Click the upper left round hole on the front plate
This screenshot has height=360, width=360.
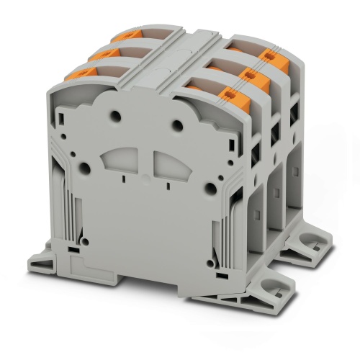(114, 114)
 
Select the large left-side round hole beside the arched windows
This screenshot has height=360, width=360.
(85, 168)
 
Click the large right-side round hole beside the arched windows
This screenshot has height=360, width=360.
(209, 189)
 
